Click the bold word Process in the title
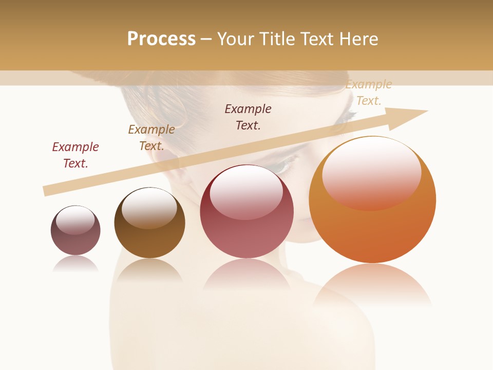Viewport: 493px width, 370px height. [161, 39]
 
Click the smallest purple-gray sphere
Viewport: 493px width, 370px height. [75, 231]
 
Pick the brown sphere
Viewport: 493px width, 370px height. [149, 224]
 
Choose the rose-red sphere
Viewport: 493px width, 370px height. [246, 212]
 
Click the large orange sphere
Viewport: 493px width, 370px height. [372, 200]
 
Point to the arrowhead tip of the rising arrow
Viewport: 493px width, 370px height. [427, 110]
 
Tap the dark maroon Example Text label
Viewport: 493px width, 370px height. [248, 117]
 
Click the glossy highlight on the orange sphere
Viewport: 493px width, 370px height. [371, 172]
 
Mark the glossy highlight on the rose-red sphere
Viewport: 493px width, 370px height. [246, 192]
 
